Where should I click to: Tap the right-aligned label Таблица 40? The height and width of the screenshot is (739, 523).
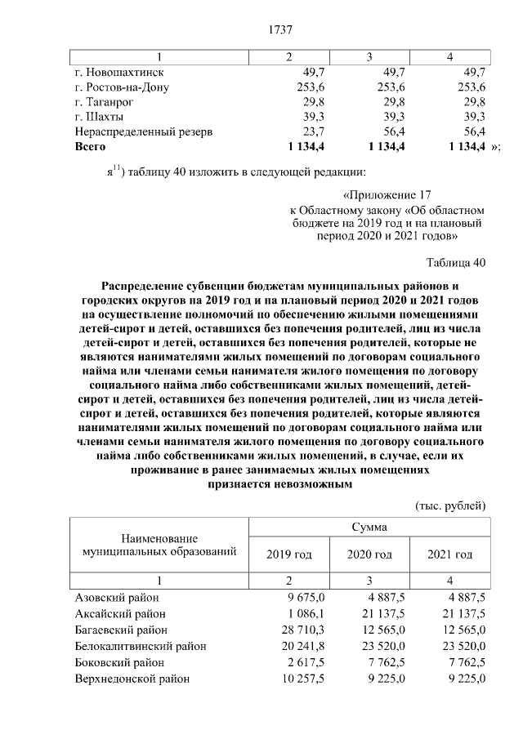pyautogui.click(x=456, y=263)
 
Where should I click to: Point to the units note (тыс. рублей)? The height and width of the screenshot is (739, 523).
pyautogui.click(x=451, y=505)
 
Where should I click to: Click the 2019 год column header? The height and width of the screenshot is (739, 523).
pyautogui.click(x=289, y=554)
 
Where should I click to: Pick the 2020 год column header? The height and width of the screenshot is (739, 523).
pyautogui.click(x=369, y=554)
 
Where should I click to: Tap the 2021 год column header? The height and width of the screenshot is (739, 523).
pyautogui.click(x=450, y=554)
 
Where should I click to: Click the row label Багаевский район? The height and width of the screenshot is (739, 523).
pyautogui.click(x=121, y=630)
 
